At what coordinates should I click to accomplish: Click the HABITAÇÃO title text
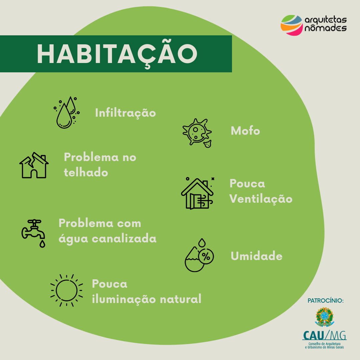tap(117, 54)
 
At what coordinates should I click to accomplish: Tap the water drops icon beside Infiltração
tap(67, 112)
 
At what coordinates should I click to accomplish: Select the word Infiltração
tap(125, 113)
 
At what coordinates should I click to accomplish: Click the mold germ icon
tap(197, 133)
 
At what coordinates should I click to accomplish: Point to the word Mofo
tap(245, 131)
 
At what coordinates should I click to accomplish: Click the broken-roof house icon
tap(34, 165)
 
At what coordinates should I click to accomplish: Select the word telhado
tap(86, 172)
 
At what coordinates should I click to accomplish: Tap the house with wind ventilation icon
tap(197, 193)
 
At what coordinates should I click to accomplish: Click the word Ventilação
tap(261, 199)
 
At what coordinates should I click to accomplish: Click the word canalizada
tap(124, 239)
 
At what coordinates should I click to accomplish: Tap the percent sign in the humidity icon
tap(206, 256)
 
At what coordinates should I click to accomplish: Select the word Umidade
tap(256, 256)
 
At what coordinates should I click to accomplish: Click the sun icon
tap(67, 290)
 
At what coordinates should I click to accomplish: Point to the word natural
tap(180, 299)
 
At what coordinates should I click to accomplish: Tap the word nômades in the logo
tap(326, 28)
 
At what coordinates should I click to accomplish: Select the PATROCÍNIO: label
tap(326, 301)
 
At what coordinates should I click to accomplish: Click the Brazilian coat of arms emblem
tap(325, 317)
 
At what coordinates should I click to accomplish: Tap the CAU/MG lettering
tap(324, 335)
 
